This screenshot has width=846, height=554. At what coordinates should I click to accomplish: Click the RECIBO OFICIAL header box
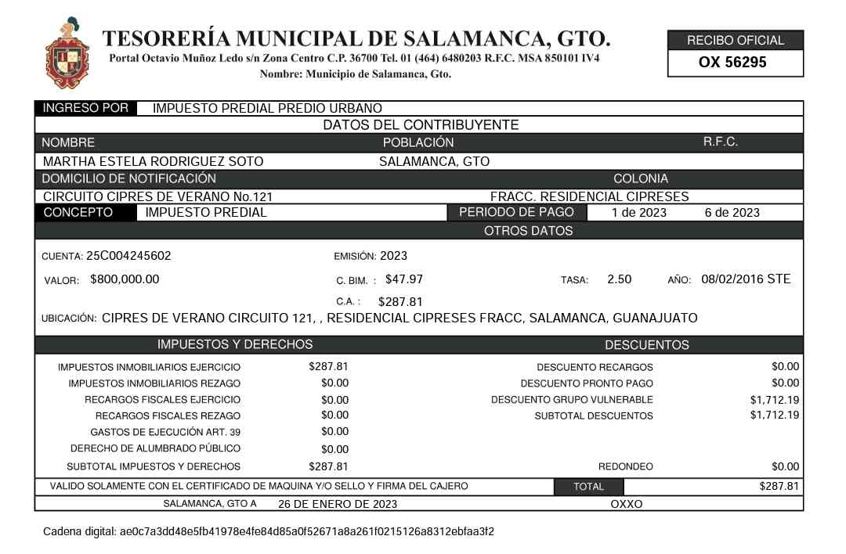[735, 40]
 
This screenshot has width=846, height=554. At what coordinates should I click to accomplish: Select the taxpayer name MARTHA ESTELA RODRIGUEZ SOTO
[153, 162]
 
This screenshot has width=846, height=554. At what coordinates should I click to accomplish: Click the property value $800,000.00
[125, 279]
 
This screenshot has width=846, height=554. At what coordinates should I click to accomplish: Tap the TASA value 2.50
[619, 279]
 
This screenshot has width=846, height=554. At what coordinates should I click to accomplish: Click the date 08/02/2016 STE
[746, 279]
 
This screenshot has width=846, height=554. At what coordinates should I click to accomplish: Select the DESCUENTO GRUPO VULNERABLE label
[572, 400]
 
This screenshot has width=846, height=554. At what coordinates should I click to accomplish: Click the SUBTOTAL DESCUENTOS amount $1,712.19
[774, 415]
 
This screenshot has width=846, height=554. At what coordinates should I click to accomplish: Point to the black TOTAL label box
[588, 487]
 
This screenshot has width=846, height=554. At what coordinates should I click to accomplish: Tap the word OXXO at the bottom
[626, 504]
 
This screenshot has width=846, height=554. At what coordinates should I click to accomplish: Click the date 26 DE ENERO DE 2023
[338, 504]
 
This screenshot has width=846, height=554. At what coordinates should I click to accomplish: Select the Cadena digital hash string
[306, 532]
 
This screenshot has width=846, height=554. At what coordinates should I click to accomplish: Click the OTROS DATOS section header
[528, 231]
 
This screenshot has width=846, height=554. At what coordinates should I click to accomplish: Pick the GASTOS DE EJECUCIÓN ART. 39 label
[165, 433]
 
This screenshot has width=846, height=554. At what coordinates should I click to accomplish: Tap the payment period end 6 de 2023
[732, 212]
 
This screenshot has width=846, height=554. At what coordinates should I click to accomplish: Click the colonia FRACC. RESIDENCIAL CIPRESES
[589, 196]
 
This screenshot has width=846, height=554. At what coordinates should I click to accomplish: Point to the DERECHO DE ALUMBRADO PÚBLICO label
[155, 449]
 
